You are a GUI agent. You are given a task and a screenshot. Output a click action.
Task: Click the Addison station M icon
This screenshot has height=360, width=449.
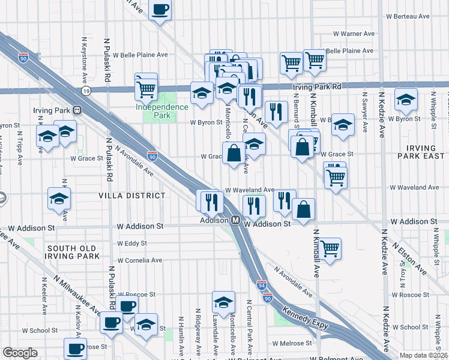(x=237, y=220)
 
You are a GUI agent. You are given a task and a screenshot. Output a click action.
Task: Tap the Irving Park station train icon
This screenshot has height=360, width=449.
(x=77, y=110)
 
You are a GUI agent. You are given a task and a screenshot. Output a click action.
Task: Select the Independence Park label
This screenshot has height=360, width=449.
(x=162, y=111)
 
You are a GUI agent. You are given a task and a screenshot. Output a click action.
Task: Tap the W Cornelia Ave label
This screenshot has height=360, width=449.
(x=140, y=260)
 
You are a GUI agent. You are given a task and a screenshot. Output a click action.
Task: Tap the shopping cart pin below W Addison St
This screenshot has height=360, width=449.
(x=330, y=248)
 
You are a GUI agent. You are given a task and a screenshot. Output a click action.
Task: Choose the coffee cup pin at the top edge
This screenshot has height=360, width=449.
(x=160, y=10)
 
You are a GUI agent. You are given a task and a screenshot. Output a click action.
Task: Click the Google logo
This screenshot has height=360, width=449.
(x=20, y=353)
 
